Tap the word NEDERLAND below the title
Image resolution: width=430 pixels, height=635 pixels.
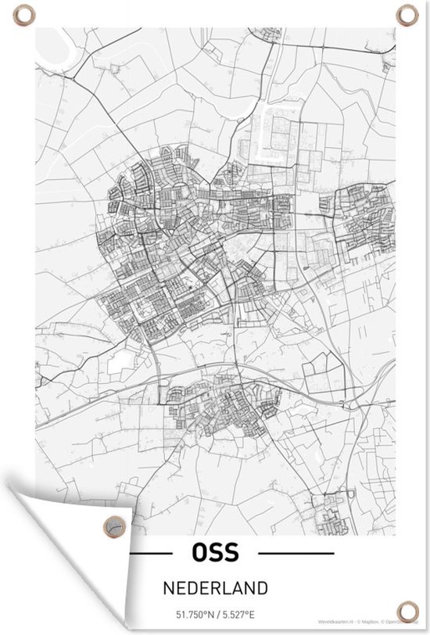click(x=215, y=587)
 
